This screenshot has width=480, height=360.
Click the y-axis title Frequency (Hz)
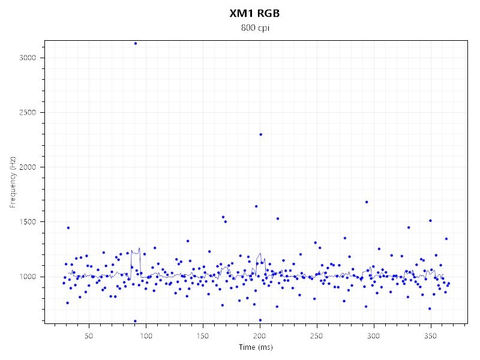click(x=13, y=183)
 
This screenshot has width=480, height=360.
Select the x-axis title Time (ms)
click(x=254, y=347)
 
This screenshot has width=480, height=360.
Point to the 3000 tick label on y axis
click(x=28, y=58)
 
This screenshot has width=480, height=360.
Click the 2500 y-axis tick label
click(x=28, y=112)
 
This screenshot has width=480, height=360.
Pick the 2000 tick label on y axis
click(x=28, y=167)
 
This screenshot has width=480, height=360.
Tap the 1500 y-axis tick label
click(x=28, y=221)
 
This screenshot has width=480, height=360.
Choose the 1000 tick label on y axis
click(x=28, y=277)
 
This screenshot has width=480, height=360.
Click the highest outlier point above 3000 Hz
click(x=136, y=43)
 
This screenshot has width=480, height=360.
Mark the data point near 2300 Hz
click(x=260, y=134)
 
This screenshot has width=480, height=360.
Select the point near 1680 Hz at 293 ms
click(x=367, y=202)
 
